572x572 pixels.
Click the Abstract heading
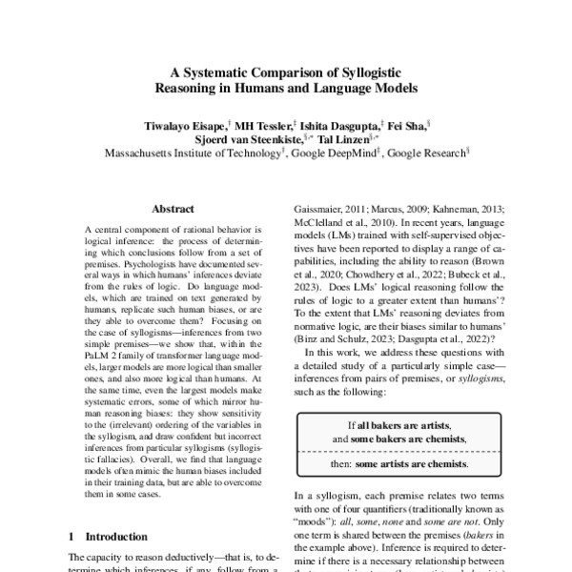(173, 209)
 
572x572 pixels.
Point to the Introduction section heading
(108, 537)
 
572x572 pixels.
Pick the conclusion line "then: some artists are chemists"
(399, 464)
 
